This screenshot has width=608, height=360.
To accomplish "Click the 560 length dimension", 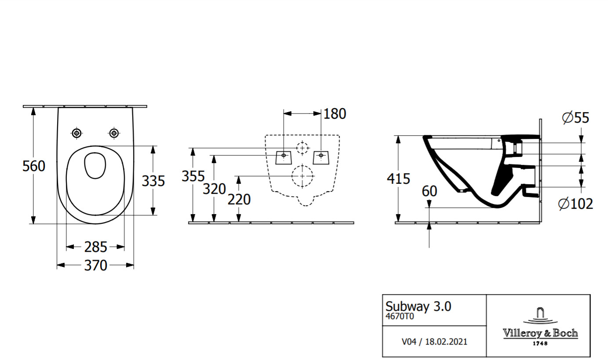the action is pos(34,166).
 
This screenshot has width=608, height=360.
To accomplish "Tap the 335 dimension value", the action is pos(153,181).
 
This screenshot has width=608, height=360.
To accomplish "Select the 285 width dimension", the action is pos(95,247).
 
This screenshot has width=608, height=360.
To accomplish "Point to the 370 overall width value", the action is pos(95,265).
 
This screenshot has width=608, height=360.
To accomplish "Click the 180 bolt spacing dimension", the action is pos(335,114).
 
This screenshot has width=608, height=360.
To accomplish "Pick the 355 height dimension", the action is pos(193,176).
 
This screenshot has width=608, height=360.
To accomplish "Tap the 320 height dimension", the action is pos(214,189).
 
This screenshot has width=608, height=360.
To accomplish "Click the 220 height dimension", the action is pos(239,200).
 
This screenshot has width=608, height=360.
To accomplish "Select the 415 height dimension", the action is pos(398,179).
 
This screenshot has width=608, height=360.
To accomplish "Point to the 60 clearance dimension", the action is pos(429,191).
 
